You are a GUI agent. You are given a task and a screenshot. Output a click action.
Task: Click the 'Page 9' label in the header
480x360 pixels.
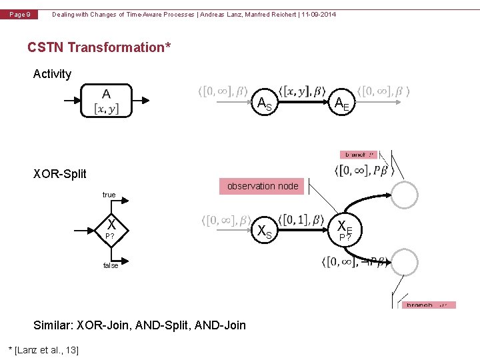[x=19, y=15]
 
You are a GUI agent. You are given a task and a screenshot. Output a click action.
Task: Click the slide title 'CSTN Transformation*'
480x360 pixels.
[x=99, y=47]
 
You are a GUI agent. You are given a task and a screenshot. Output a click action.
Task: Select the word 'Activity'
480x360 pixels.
[x=52, y=74]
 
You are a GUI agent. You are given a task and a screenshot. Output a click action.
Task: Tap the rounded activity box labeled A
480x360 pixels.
[x=107, y=101]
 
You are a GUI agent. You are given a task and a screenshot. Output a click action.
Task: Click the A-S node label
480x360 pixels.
[x=265, y=103]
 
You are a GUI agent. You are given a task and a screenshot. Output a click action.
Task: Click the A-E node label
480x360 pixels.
[x=342, y=103]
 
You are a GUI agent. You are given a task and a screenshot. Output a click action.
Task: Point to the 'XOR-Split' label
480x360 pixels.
[x=60, y=174]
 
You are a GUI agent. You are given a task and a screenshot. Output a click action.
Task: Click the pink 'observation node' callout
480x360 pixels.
[x=263, y=186]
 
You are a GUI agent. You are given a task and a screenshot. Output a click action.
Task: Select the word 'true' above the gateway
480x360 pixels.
[x=109, y=195]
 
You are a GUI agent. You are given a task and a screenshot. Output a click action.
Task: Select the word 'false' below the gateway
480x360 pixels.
[x=111, y=265]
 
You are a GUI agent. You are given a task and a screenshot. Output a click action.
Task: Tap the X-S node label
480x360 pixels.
[x=265, y=231]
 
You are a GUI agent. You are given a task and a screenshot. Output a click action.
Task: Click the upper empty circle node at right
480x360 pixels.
[x=404, y=195]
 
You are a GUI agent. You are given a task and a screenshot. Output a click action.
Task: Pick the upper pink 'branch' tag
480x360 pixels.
[x=358, y=154]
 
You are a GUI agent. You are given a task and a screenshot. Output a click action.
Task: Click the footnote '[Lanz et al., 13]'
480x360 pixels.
[x=43, y=350]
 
